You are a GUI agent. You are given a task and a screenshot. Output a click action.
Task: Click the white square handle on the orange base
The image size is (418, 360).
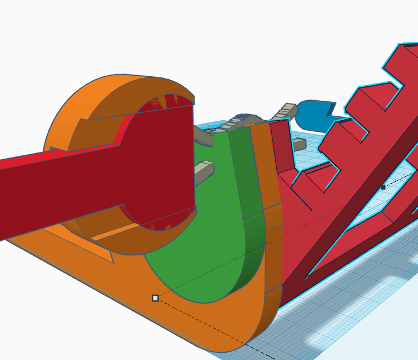(x=155, y=298)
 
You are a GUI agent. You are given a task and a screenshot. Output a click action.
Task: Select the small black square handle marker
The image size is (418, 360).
(x=383, y=188)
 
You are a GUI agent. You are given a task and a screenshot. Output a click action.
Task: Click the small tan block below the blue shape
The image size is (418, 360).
(x=299, y=145)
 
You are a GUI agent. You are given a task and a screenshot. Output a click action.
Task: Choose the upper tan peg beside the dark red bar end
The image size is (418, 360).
(x=203, y=136)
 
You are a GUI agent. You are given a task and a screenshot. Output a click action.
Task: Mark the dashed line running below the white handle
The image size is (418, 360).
(x=222, y=334)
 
